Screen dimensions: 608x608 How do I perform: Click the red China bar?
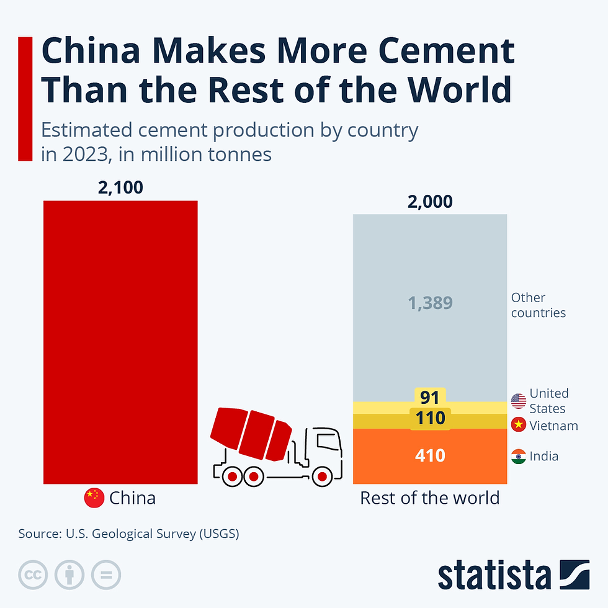tap(120, 341)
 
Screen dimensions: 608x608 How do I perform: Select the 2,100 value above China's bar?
tap(120, 187)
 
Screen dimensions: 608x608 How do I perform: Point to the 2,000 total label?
tap(430, 202)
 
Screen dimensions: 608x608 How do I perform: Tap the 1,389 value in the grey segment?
tap(430, 303)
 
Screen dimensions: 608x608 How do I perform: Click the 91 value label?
tap(430, 397)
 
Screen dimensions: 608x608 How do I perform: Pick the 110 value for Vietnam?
tap(430, 418)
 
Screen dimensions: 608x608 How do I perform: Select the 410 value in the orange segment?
tap(430, 456)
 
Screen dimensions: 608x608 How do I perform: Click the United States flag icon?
tap(518, 401)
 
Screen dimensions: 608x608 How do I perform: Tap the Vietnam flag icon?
tap(518, 426)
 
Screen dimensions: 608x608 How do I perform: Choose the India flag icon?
tap(518, 457)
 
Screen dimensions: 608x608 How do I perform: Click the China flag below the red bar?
tap(94, 498)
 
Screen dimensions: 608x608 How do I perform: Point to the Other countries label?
tap(538, 305)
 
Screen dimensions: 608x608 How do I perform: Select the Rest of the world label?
tap(430, 498)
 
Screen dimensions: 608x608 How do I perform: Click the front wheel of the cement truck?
tap(322, 476)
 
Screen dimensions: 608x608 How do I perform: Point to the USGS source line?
tap(128, 533)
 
